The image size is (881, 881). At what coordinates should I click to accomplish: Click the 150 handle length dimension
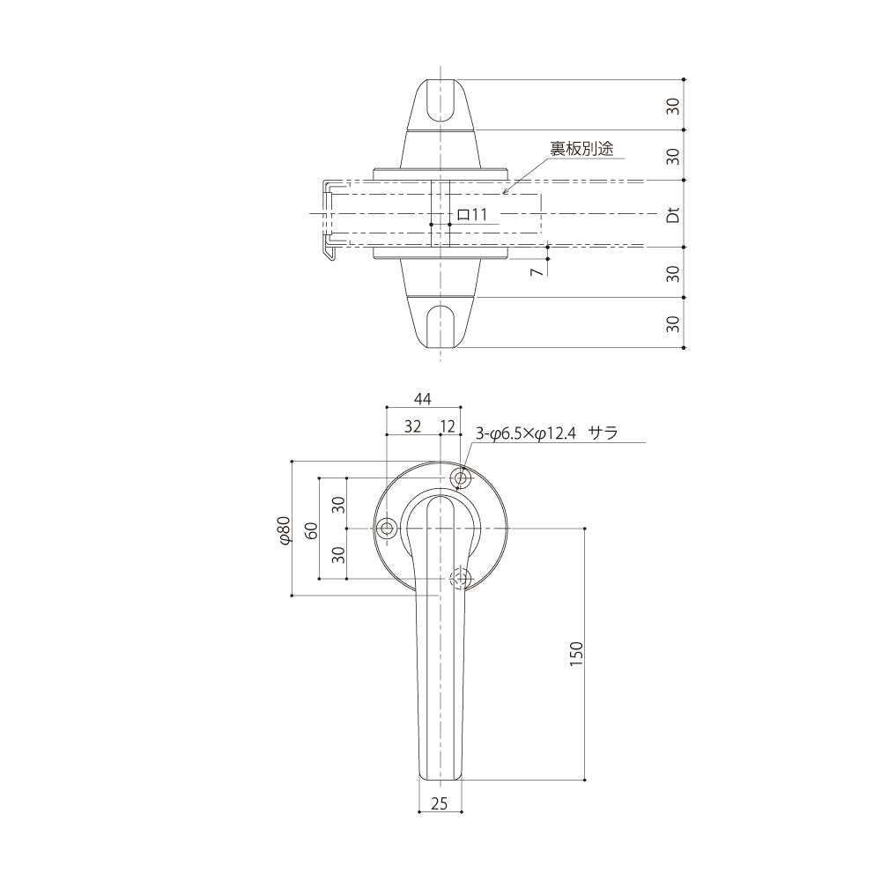click(x=576, y=654)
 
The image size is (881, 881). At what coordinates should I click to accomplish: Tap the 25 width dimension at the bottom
click(x=440, y=804)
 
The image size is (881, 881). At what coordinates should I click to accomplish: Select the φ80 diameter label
click(x=285, y=529)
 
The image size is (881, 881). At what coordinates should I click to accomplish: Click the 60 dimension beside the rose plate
click(x=312, y=529)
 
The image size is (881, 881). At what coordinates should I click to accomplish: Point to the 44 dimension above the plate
click(x=423, y=399)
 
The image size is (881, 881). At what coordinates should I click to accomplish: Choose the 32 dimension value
click(x=412, y=426)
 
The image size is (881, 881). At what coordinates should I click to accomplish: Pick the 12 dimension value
click(x=448, y=426)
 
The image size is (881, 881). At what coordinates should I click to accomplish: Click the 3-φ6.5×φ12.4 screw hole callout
click(x=526, y=433)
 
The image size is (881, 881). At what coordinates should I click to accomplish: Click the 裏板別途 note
click(x=581, y=148)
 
